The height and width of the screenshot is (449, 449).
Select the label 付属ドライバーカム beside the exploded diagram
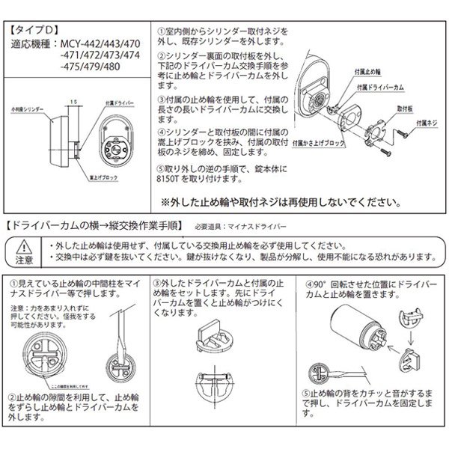click(382, 88)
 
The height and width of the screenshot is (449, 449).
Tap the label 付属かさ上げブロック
click(320, 139)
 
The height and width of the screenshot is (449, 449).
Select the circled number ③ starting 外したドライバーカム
click(156, 285)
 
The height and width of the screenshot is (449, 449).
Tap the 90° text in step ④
click(320, 285)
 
